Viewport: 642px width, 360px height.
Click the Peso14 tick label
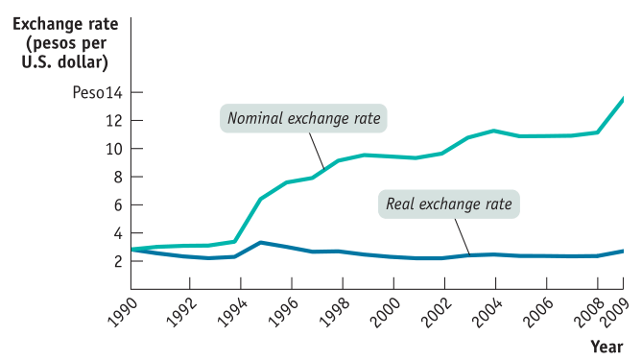click(x=97, y=92)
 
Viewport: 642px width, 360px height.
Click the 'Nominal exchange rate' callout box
click(x=303, y=119)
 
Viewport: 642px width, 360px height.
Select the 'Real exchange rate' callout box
click(x=448, y=204)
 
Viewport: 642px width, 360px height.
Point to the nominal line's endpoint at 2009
click(x=624, y=98)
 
